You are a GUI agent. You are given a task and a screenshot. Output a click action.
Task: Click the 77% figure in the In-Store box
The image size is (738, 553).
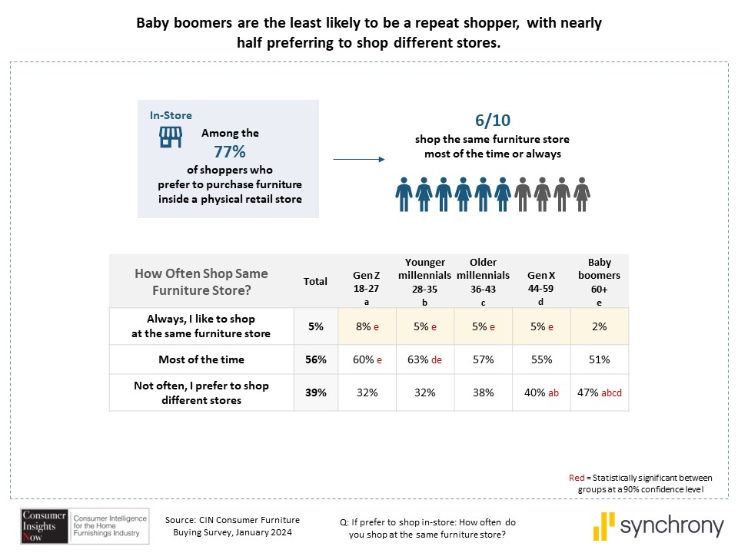(x=229, y=151)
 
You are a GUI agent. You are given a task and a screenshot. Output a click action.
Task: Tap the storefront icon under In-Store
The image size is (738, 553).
(x=171, y=136)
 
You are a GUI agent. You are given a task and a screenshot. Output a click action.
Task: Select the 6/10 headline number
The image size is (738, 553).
(x=492, y=121)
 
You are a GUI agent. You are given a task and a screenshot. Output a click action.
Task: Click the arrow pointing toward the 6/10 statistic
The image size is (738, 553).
(x=358, y=160)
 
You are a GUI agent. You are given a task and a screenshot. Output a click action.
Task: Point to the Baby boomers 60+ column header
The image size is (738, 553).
(x=600, y=280)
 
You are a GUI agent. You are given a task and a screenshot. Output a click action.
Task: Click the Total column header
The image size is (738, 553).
(x=315, y=281)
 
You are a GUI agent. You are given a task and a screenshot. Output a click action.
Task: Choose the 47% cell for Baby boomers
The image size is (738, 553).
(x=599, y=392)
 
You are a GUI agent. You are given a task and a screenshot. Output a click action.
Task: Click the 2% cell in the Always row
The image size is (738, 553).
(x=600, y=326)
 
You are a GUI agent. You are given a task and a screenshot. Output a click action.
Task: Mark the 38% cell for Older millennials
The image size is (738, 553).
(x=483, y=392)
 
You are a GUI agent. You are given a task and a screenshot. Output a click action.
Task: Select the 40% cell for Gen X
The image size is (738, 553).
(x=540, y=392)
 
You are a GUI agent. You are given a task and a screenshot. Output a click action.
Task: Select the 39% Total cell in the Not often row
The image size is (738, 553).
(x=315, y=392)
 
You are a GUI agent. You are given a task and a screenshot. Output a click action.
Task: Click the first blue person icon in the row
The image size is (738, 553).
(x=404, y=195)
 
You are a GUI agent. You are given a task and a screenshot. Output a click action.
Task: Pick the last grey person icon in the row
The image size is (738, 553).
(x=583, y=195)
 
